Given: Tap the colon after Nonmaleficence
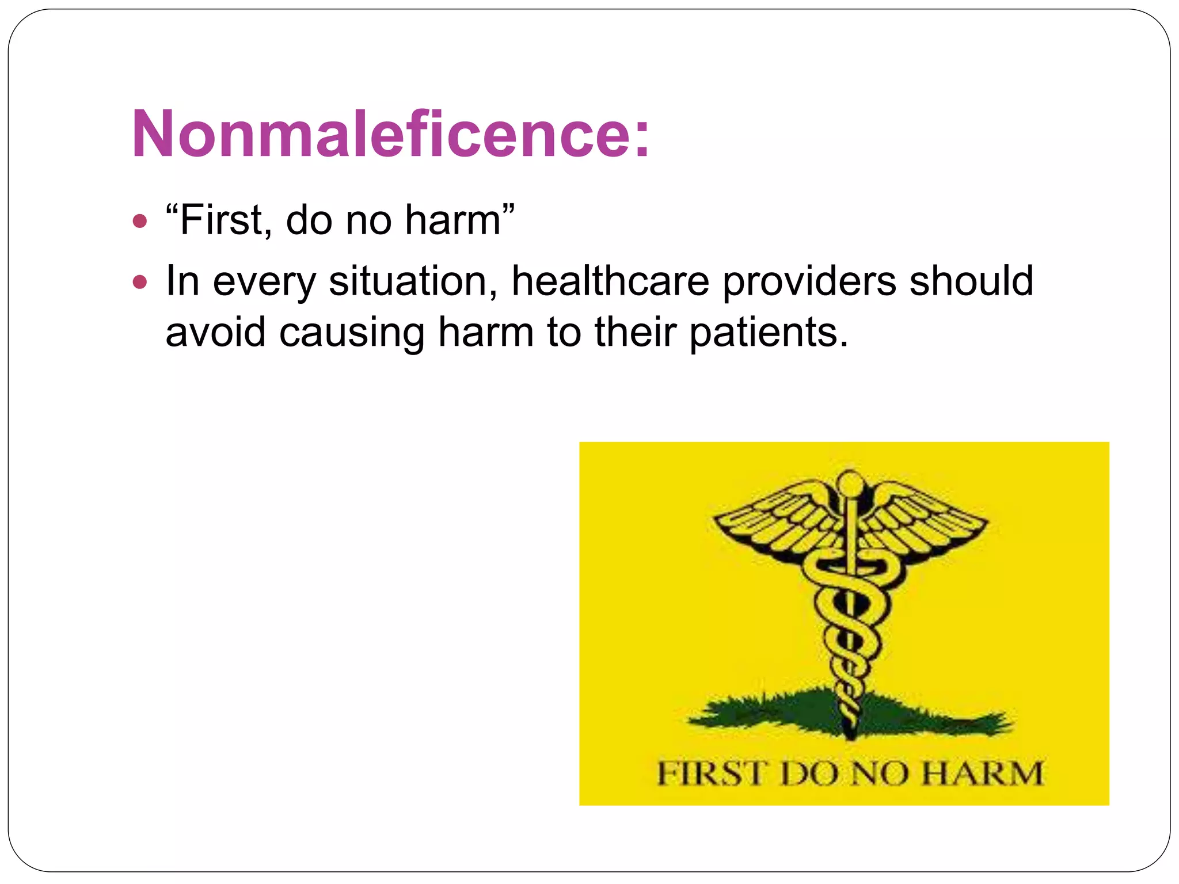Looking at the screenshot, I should [x=642, y=138].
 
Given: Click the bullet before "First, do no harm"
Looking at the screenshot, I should [x=140, y=221].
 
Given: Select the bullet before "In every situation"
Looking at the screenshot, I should [x=140, y=282].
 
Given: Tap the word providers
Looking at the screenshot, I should [x=809, y=282].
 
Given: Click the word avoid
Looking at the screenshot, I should [x=215, y=332].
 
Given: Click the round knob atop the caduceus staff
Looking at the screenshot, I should [x=848, y=482].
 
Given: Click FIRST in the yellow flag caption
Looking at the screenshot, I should [x=712, y=773].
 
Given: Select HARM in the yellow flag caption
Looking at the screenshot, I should [x=982, y=773].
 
